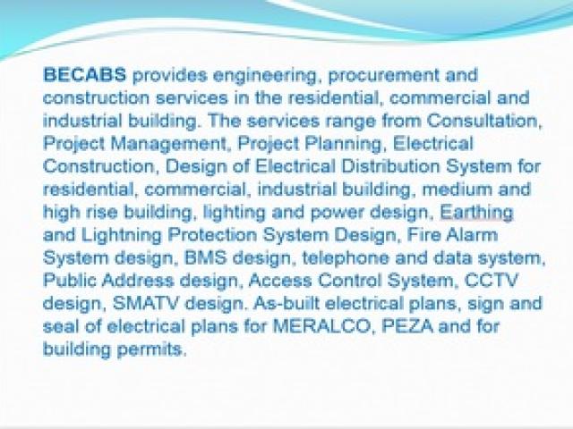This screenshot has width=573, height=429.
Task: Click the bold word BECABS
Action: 84,75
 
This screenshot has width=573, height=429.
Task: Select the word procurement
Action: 384,76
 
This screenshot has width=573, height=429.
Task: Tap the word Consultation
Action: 483,121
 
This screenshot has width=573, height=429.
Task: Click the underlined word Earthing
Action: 476,213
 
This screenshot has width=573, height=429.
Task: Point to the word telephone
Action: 346,258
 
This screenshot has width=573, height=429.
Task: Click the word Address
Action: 138,281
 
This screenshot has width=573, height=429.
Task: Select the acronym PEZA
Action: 407,326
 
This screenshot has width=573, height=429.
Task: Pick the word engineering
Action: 264,76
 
